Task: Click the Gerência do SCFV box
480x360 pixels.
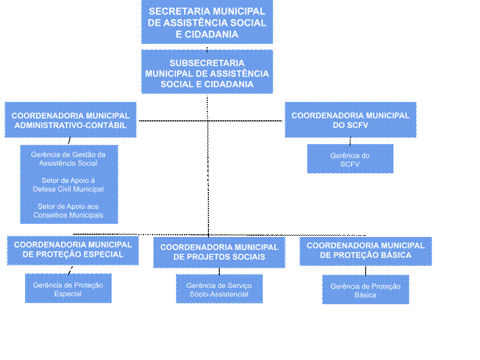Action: pos(350,159)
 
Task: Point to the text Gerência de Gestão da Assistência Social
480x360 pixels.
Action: pos(68,158)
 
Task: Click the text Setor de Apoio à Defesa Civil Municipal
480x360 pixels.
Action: pos(68,185)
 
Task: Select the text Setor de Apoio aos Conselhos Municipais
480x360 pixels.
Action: pos(68,211)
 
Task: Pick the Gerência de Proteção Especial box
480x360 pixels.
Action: pos(68,289)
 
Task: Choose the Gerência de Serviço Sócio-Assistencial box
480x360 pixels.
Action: pos(219,289)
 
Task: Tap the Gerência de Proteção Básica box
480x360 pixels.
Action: pos(366,291)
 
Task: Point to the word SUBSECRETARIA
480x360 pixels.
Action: pos(207,63)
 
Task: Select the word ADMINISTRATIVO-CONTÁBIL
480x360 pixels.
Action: pos(71,125)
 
